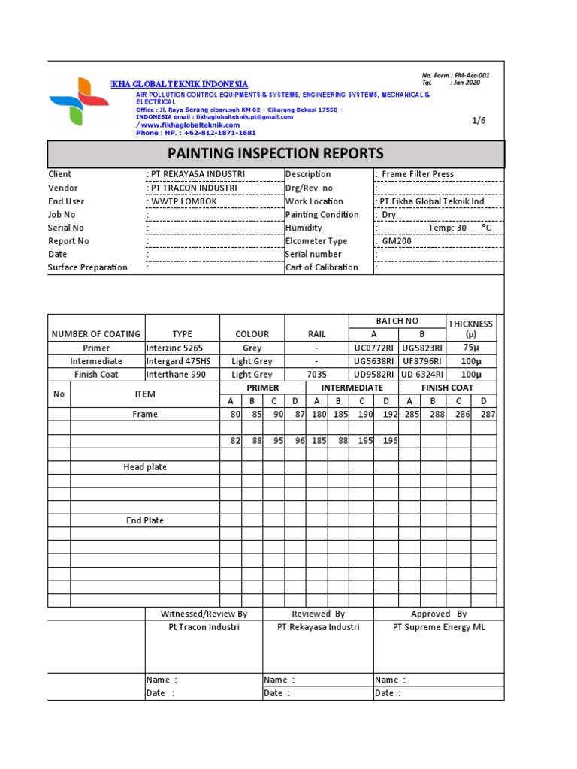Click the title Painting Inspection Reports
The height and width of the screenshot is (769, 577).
tap(275, 153)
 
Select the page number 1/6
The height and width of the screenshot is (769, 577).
tap(479, 120)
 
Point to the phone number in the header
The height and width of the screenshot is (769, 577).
tap(196, 133)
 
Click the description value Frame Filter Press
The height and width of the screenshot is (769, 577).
tap(418, 174)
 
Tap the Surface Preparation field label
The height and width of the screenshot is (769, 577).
tap(88, 267)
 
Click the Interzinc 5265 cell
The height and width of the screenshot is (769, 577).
tap(174, 348)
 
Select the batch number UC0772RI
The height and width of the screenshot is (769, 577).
tap(373, 348)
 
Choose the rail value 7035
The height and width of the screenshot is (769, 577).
tap(316, 375)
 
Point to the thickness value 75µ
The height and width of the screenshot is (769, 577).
tap(471, 348)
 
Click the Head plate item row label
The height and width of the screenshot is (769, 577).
tap(145, 467)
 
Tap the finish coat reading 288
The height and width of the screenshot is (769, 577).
tap(433, 415)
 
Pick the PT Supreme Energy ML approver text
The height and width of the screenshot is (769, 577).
tap(439, 627)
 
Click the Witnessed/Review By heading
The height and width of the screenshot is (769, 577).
tap(204, 614)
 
